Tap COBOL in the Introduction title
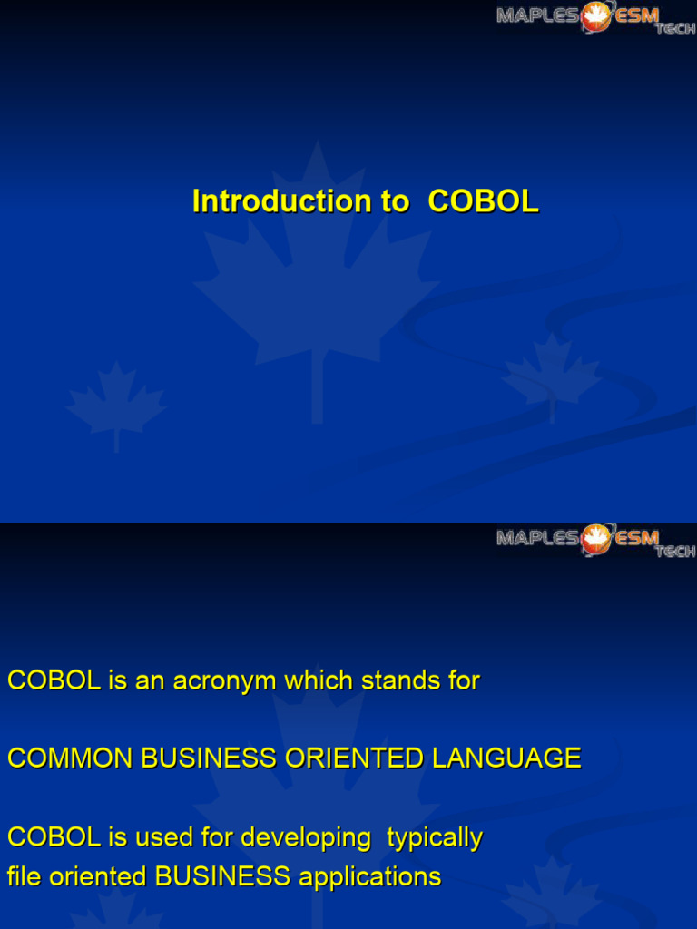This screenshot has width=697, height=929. point(483,201)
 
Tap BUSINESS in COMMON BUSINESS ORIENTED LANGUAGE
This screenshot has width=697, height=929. point(210,758)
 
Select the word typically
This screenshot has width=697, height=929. point(435,838)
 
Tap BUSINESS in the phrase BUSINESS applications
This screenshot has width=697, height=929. point(222,877)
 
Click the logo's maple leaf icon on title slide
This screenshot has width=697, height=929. point(595,15)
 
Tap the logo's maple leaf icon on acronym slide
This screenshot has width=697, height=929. point(595,538)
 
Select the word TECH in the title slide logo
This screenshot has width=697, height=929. point(675,29)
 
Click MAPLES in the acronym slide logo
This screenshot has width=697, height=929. point(537,538)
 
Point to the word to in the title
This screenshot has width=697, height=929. point(395,201)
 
